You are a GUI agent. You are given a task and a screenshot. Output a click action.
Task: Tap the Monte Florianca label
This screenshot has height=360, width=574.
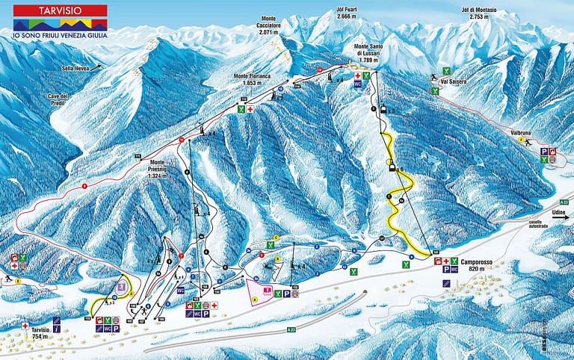251,79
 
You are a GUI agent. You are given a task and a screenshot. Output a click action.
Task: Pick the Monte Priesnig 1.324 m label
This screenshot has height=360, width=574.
157,168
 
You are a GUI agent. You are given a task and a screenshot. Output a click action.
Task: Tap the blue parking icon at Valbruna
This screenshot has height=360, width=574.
543,151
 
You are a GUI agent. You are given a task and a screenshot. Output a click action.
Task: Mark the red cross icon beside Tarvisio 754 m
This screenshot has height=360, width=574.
25,326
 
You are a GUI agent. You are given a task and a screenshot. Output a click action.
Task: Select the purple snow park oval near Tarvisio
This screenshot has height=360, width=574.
122,286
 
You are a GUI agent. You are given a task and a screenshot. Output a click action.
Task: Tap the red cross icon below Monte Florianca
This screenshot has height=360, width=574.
250,110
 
